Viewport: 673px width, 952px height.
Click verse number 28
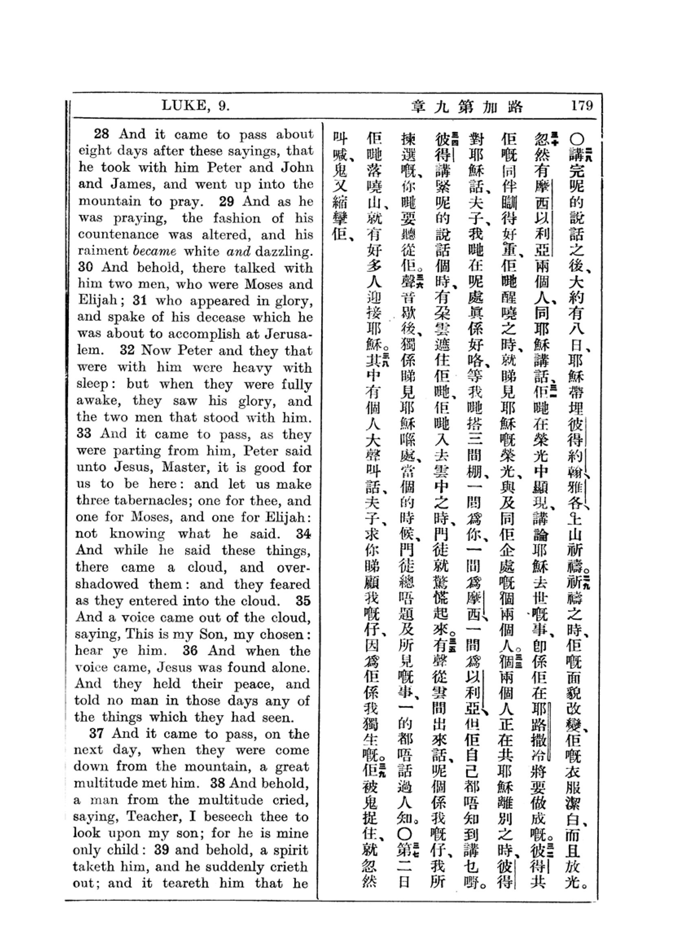[101, 134]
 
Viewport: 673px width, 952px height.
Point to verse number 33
[84, 434]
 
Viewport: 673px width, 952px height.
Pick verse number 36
[190, 650]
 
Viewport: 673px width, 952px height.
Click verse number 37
[96, 733]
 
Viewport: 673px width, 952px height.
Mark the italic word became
[155, 251]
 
